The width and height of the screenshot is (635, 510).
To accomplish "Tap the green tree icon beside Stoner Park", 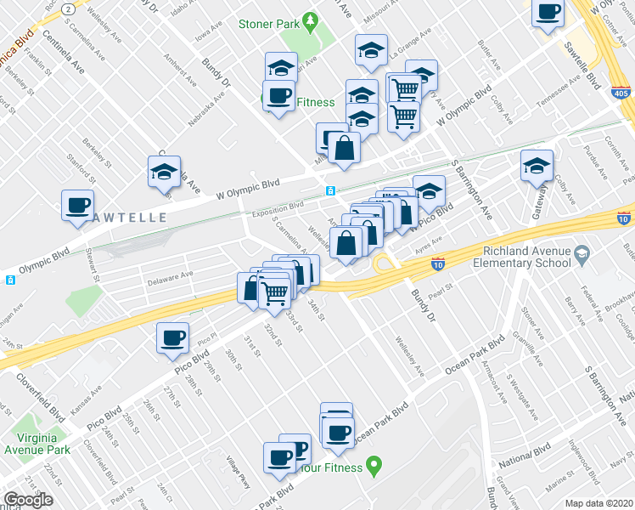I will click(311, 19).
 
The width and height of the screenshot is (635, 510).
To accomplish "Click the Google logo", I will click(28, 500).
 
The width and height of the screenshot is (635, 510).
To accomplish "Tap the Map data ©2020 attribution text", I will click(599, 502).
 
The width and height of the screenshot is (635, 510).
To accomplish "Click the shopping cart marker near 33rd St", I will click(274, 293).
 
